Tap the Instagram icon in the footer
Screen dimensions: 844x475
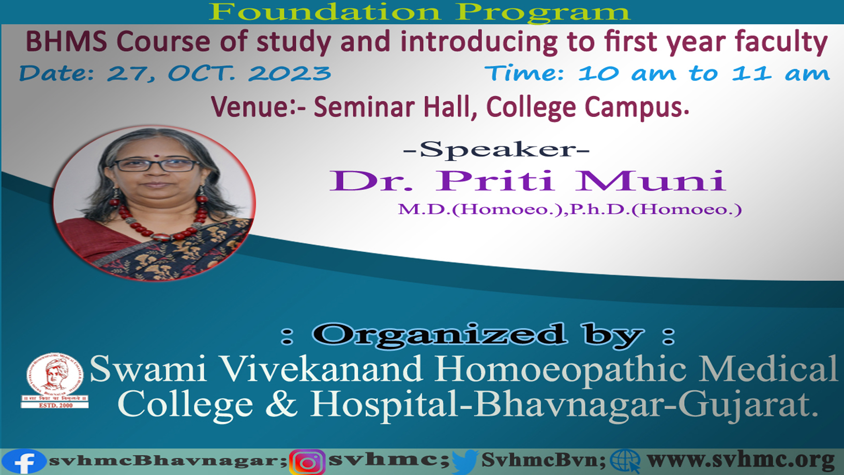(x=308, y=462)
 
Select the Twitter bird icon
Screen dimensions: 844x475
(x=465, y=462)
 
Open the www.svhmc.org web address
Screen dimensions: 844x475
(x=741, y=461)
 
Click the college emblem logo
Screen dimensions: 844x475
(x=55, y=381)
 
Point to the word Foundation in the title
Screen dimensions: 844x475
(x=325, y=12)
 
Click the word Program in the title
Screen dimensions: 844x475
(x=542, y=12)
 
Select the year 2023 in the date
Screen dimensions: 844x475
(x=290, y=73)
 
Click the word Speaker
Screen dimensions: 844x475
(x=496, y=150)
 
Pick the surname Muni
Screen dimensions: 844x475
(x=651, y=181)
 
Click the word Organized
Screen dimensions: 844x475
(x=440, y=334)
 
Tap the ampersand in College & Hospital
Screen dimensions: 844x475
(x=281, y=404)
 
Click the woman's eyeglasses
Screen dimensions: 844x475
(x=156, y=165)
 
